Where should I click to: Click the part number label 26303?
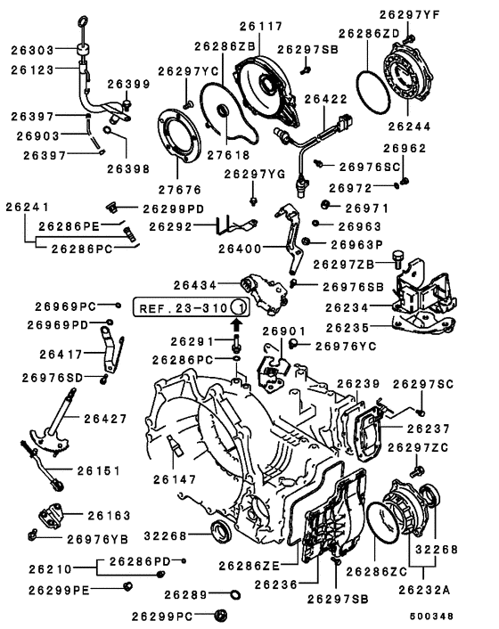coord(33,50)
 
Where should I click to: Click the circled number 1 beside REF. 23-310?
coord(239,307)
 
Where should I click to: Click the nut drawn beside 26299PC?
coord(220,614)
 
